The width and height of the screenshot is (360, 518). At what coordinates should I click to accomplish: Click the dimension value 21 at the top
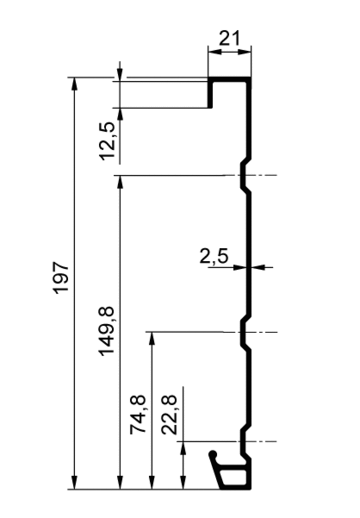(x=230, y=39)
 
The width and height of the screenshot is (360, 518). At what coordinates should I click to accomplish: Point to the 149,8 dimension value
(x=108, y=331)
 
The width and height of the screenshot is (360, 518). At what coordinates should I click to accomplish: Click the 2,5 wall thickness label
(x=214, y=257)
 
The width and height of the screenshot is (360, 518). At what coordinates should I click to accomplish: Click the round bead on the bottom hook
(x=214, y=454)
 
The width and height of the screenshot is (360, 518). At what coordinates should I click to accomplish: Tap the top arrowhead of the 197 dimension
(x=74, y=84)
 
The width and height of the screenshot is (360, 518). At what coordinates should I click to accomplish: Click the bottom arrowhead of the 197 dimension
(x=74, y=483)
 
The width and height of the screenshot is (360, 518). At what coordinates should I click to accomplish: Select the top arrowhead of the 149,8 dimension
(x=120, y=182)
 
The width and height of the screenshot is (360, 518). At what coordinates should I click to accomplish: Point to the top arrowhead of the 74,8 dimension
(x=152, y=339)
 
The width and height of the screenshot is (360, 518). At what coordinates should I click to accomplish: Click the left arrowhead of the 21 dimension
(x=214, y=51)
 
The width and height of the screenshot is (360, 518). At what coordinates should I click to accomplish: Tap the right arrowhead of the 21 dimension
(x=245, y=51)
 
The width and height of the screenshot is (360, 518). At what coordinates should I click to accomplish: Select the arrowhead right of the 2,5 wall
(x=258, y=267)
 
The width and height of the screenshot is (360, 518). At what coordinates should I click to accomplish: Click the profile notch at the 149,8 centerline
(x=244, y=175)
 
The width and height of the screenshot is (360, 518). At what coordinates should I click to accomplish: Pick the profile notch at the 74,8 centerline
(x=244, y=332)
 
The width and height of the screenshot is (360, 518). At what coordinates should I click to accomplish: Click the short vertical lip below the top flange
(x=210, y=95)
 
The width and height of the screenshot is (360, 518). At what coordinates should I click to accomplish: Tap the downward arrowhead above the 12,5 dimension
(x=120, y=74)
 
